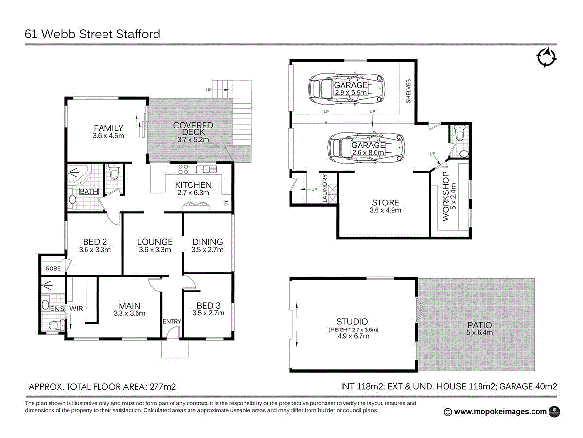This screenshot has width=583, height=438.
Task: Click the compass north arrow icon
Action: [x=547, y=57]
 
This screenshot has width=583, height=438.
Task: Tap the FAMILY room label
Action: [x=108, y=128]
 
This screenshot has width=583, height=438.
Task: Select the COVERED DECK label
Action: [x=193, y=129]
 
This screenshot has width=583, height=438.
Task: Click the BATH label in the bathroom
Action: [x=88, y=191]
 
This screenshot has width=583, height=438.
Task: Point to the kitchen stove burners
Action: [x=183, y=169]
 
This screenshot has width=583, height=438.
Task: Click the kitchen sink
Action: [x=206, y=169]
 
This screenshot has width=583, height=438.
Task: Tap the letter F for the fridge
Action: [x=225, y=204]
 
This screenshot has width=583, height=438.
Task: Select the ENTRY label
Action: [x=171, y=321]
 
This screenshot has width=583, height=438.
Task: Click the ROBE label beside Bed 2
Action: [x=53, y=268]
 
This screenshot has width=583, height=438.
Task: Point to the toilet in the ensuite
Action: [x=57, y=325]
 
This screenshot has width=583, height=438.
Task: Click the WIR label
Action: [x=76, y=309]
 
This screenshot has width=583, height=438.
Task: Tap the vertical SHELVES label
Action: [x=408, y=91]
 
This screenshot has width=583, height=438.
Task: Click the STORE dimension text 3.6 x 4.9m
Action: [x=385, y=211]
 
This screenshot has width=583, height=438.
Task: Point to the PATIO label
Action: [x=480, y=325]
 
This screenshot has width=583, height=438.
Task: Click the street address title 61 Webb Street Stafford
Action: [x=92, y=35]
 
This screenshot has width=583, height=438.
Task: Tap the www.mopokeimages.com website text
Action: [x=500, y=412]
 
